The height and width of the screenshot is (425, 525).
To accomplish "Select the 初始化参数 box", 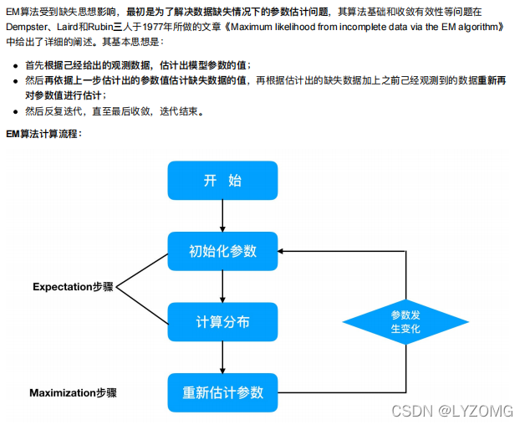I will [x=222, y=251].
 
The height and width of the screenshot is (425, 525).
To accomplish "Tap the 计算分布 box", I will [x=222, y=322].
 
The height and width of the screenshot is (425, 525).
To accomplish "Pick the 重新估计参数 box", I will [x=222, y=392].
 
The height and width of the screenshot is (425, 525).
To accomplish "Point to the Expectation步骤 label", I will [x=73, y=287].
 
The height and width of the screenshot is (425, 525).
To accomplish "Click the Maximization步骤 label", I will [x=73, y=392].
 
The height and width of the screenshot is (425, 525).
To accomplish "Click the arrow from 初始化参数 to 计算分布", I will [x=222, y=286].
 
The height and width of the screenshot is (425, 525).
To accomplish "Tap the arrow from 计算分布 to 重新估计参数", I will [x=222, y=357].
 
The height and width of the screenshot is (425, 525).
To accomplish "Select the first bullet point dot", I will [x=17, y=65].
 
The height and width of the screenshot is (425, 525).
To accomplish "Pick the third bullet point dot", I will [x=17, y=111].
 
